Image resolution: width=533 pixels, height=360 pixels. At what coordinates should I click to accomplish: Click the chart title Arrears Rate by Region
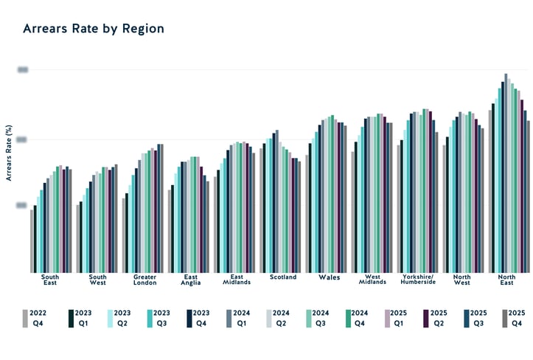point(93,29)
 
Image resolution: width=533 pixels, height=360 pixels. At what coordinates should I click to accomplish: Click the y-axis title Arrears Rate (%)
point(10,153)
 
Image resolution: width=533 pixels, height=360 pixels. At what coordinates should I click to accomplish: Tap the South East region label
point(51,280)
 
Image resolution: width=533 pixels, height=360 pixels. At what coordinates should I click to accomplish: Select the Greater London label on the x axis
point(144,280)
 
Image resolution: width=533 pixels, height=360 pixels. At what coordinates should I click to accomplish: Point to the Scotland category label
point(283,277)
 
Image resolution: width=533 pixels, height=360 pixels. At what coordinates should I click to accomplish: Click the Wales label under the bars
point(329,278)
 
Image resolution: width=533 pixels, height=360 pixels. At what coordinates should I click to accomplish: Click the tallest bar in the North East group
point(506,173)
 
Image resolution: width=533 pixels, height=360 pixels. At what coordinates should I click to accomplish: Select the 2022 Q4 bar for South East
point(32,240)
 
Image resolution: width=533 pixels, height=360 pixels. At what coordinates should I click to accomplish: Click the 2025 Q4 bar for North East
point(529,196)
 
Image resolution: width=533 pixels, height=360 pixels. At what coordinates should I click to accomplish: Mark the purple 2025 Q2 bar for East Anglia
point(201,219)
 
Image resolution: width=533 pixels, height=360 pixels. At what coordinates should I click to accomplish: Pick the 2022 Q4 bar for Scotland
point(261,210)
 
